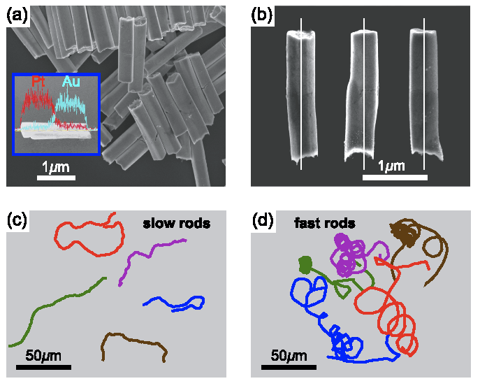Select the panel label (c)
[17, 220]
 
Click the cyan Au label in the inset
[71, 82]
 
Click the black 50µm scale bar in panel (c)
[43, 366]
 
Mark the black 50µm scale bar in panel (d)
[289, 366]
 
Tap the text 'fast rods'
[324, 224]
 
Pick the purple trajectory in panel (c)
[140, 260]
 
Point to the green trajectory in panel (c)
[56, 306]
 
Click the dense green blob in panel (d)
[305, 264]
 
